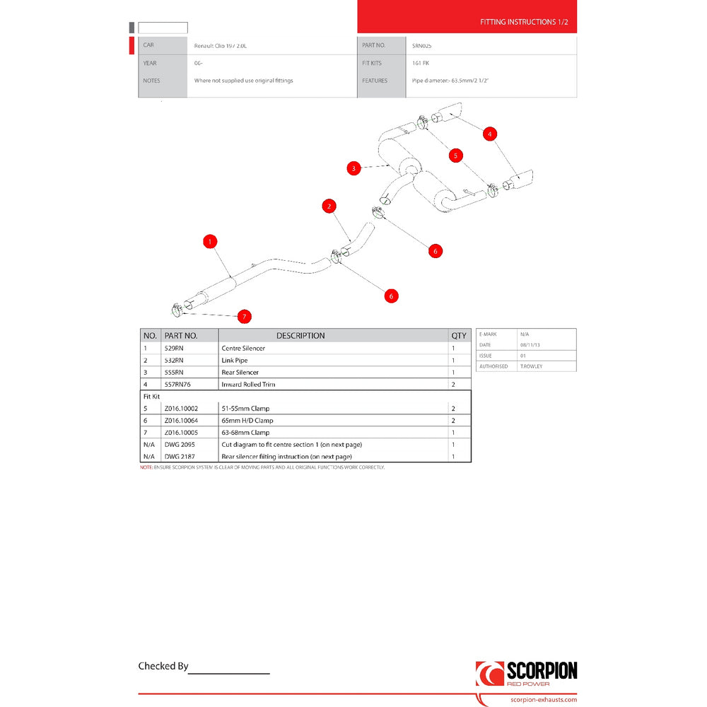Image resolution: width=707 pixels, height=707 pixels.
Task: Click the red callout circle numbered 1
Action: click(x=209, y=242)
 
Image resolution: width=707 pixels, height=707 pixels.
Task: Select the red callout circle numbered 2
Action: click(x=329, y=206)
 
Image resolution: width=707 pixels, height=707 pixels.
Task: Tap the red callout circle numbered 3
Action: click(x=353, y=168)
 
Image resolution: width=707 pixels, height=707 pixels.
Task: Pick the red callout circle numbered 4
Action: click(x=490, y=133)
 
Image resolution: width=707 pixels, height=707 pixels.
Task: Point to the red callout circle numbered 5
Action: click(x=456, y=155)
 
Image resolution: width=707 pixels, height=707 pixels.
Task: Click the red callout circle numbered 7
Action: click(x=244, y=316)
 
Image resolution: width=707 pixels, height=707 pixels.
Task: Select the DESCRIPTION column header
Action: click(x=300, y=336)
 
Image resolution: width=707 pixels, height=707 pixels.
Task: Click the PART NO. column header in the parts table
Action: click(x=181, y=336)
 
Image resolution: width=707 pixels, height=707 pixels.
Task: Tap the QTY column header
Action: click(x=459, y=336)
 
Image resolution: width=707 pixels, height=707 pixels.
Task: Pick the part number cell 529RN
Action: click(x=173, y=349)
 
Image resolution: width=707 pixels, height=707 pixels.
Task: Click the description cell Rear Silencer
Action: click(x=240, y=373)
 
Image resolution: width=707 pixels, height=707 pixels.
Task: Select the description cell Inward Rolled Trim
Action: click(x=249, y=385)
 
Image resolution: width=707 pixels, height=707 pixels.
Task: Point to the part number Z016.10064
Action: click(x=180, y=421)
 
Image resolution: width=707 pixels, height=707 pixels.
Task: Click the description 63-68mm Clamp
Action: click(x=245, y=433)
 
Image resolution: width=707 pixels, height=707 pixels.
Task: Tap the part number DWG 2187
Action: click(x=179, y=457)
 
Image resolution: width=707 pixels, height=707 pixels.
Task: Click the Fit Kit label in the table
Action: click(x=152, y=397)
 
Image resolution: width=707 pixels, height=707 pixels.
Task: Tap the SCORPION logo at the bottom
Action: click(x=526, y=673)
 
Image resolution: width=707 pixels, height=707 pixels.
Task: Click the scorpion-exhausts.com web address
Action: click(x=543, y=699)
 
